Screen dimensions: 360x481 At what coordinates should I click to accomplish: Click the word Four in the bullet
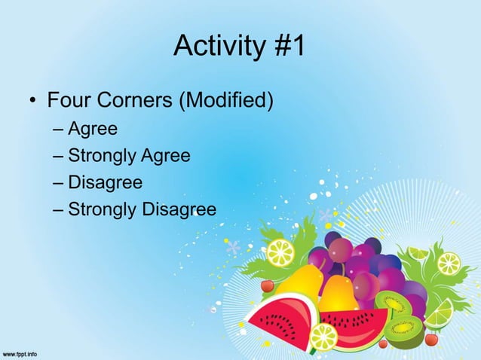tap(71, 99)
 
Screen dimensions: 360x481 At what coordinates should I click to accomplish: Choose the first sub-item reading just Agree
tap(93, 130)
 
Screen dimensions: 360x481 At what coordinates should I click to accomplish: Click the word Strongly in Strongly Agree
tap(100, 157)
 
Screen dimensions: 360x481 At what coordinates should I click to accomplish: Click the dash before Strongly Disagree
tap(59, 209)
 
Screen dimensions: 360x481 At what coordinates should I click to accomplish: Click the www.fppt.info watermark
tap(20, 353)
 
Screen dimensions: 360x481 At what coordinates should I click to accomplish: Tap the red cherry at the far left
tap(267, 286)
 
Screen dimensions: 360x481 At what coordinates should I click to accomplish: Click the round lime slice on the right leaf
tap(449, 263)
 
